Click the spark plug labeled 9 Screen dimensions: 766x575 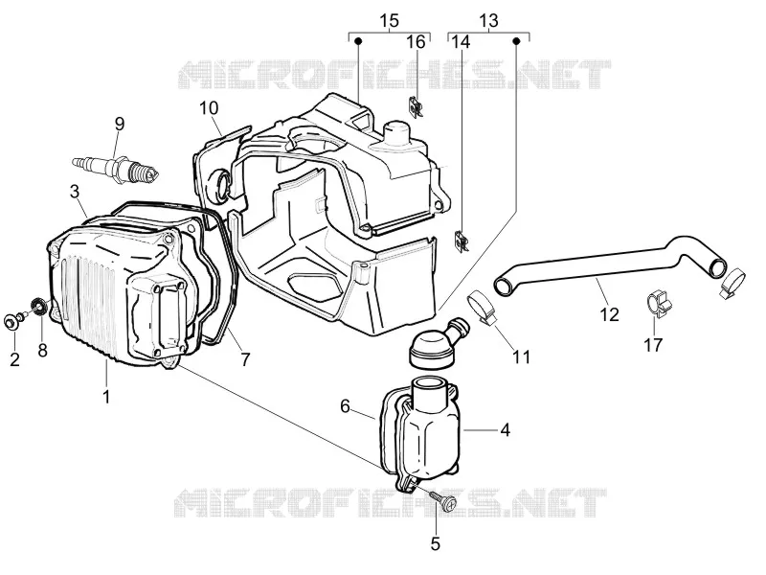click(116, 168)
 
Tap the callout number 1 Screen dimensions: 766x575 click(106, 397)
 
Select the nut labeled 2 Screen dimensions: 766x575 click(10, 322)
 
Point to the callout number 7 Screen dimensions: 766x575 click(245, 360)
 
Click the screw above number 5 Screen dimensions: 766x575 click(443, 500)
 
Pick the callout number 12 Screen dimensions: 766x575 click(609, 314)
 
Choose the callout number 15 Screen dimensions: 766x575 click(389, 20)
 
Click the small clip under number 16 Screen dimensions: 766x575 click(416, 106)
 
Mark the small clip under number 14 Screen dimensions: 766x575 click(462, 241)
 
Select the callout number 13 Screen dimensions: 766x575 click(488, 20)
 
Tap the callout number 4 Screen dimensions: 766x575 click(506, 430)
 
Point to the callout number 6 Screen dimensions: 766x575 click(346, 405)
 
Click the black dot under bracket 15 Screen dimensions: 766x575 click(358, 41)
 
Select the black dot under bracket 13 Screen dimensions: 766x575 click(516, 41)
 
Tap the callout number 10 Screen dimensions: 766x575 click(209, 107)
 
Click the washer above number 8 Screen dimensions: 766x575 click(38, 307)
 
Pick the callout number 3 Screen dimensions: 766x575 click(75, 191)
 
